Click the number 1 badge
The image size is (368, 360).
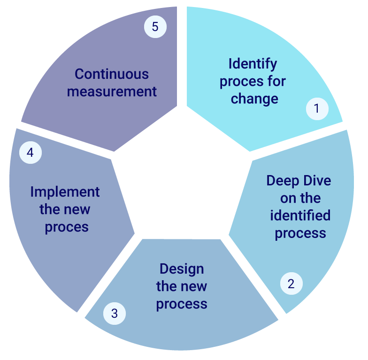click(x=317, y=109)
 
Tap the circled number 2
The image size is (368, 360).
click(x=291, y=283)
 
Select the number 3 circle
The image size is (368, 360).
click(x=114, y=313)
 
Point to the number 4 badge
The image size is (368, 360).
click(x=30, y=153)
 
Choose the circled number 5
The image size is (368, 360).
click(x=155, y=27)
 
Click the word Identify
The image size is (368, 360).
click(x=253, y=64)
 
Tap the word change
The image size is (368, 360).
click(x=254, y=99)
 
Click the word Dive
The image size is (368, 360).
click(x=317, y=181)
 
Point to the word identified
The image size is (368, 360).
click(x=300, y=215)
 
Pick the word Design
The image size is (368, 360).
click(x=182, y=269)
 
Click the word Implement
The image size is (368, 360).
click(x=65, y=192)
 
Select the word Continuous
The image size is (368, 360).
click(x=112, y=74)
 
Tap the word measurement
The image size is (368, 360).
click(x=112, y=91)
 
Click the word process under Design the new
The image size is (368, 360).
click(x=182, y=304)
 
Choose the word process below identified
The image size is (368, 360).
click(x=300, y=233)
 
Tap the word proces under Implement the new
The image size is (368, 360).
click(x=67, y=227)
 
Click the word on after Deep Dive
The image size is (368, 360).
click(x=289, y=198)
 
